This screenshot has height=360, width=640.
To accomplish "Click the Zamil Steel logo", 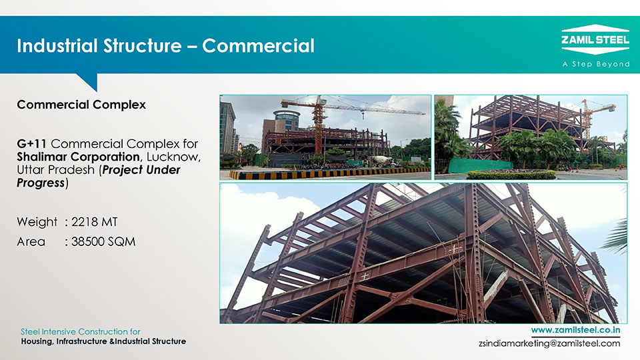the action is [x=595, y=39].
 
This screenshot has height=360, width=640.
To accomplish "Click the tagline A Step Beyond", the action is [x=596, y=64].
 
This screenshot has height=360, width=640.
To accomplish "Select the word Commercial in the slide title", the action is [x=259, y=46].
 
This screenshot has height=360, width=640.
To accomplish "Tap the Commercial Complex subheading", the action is [x=81, y=105].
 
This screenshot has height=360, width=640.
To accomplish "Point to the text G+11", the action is [x=32, y=144].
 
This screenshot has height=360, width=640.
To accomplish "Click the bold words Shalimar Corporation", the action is [x=79, y=157].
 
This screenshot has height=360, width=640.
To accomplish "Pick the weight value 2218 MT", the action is [x=94, y=221].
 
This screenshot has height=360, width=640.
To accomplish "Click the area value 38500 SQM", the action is [x=103, y=241].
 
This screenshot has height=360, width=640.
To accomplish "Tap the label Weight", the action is [x=37, y=222].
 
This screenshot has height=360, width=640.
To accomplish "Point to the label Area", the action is [x=31, y=241].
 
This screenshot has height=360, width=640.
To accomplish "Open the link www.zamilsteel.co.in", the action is [x=575, y=330].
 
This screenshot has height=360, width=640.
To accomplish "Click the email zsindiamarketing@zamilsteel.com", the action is [x=549, y=343].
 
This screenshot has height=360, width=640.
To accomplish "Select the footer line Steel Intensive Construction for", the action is [x=81, y=331].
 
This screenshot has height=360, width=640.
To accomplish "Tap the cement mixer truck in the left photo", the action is [x=381, y=161].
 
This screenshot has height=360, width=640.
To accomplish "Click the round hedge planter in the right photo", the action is [x=511, y=175].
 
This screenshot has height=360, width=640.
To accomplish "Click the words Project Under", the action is [x=141, y=170].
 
